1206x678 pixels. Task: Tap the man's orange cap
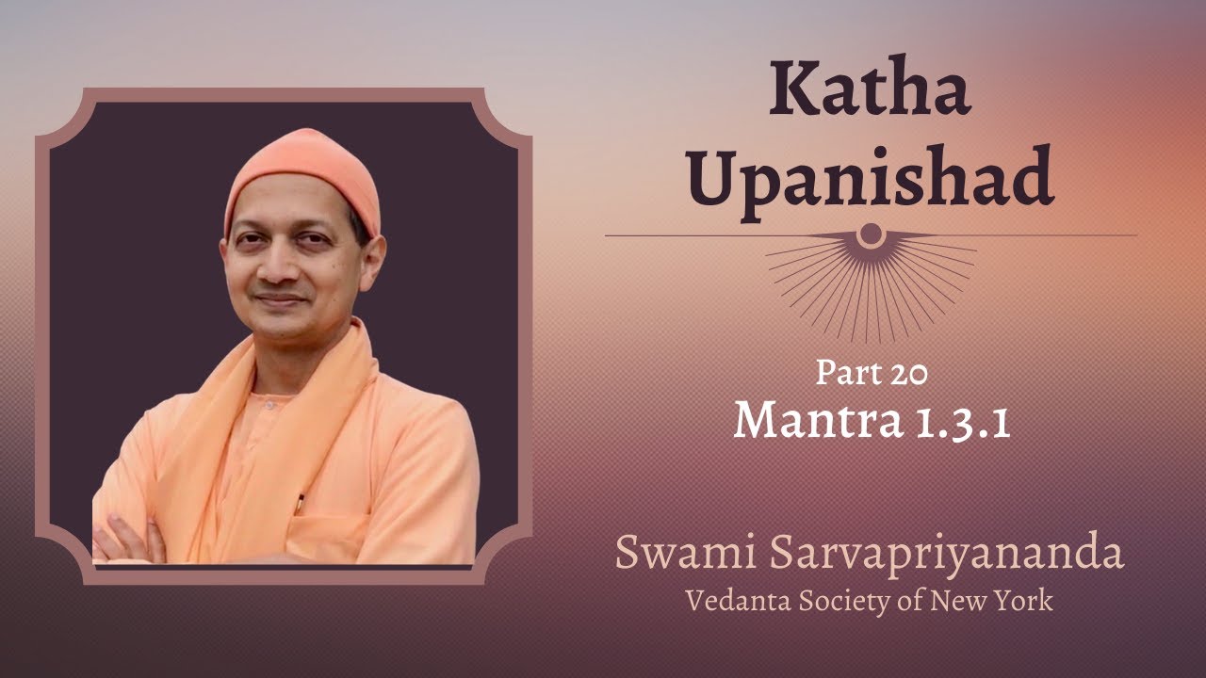point(303,174)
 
